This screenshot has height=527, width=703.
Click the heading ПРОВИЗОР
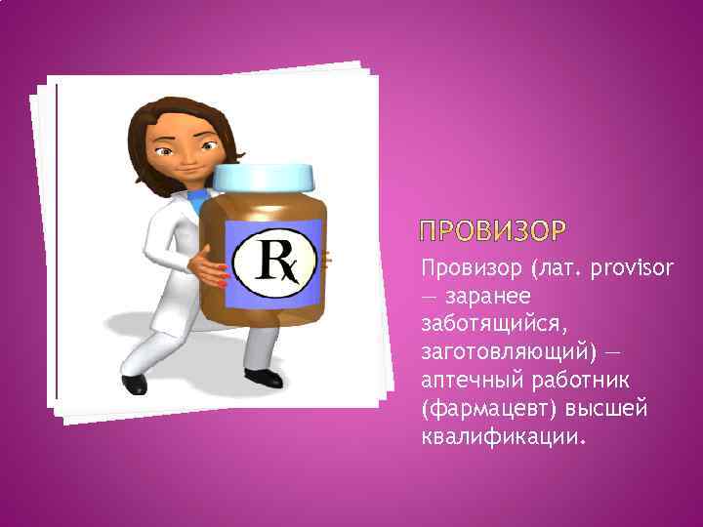pyautogui.click(x=492, y=232)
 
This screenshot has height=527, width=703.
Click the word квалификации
pyautogui.click(x=501, y=435)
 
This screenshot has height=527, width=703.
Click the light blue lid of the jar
pyautogui.click(x=264, y=179)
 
